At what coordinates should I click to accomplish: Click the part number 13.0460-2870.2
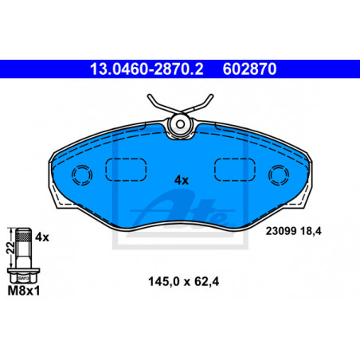click(x=147, y=69)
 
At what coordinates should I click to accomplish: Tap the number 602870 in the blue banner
click(x=249, y=69)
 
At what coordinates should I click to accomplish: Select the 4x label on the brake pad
click(x=182, y=180)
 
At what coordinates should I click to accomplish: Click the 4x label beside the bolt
click(x=42, y=237)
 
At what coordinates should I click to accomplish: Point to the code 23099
click(x=281, y=231)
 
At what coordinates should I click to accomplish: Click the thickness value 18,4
click(x=311, y=231)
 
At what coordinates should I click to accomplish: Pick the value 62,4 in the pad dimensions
click(x=206, y=282)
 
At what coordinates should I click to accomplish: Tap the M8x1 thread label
click(x=24, y=291)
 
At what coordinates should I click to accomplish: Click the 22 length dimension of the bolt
click(x=10, y=248)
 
